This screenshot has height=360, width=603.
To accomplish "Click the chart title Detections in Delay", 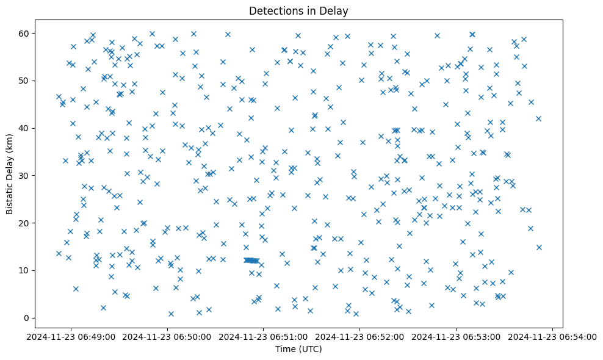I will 298,10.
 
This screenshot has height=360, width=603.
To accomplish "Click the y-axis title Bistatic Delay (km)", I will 10,174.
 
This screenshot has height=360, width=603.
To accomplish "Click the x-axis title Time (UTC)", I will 298,350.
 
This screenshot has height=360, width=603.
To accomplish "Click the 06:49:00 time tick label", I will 71,337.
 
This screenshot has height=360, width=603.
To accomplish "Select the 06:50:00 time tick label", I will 168,337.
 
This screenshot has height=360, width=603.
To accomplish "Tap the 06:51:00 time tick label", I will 264,337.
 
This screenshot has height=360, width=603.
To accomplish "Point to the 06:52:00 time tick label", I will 360,337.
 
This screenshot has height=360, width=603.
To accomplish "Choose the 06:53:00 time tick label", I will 457,337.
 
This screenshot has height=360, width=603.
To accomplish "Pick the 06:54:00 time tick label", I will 553,337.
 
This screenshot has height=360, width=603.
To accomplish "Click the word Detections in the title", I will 274,10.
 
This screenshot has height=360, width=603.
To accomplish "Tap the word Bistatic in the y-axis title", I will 10,196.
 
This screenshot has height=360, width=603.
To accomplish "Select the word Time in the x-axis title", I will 286,350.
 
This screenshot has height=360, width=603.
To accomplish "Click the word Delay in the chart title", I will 335,10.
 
